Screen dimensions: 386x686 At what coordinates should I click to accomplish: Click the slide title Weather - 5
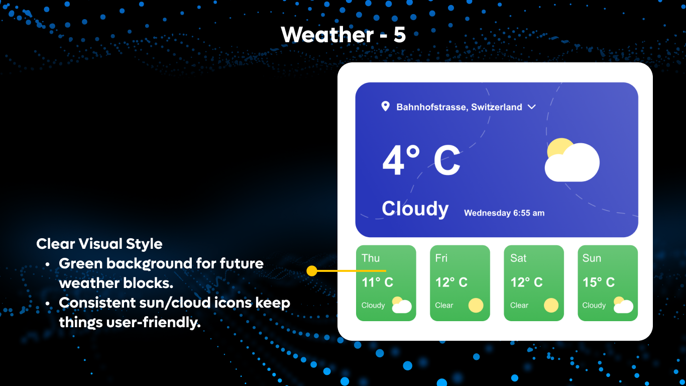343,35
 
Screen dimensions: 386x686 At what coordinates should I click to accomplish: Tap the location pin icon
385,106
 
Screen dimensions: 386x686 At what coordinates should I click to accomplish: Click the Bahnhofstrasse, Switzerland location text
459,107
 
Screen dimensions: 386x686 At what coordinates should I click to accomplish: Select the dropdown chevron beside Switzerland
532,107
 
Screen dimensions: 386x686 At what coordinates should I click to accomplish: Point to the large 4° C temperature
421,160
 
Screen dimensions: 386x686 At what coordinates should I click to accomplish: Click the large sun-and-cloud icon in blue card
572,160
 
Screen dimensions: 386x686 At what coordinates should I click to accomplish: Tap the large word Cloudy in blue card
415,209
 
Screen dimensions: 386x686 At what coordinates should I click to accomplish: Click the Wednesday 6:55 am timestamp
504,213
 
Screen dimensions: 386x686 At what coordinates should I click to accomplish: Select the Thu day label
371,258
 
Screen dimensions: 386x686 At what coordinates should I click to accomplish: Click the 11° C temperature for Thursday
377,282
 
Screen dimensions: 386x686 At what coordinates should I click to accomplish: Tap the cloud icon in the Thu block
401,305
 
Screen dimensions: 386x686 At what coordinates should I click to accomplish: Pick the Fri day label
441,258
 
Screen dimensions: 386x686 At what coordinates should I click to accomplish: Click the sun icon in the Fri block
476,305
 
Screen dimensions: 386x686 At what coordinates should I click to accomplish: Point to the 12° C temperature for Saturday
526,282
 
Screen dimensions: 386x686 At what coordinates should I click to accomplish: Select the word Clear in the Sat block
519,306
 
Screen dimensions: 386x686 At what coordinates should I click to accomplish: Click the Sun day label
591,258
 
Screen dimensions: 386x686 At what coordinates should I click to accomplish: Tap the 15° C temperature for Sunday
598,282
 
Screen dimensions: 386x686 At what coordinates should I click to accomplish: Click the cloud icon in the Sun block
623,305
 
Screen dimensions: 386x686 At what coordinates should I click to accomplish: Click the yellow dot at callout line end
312,271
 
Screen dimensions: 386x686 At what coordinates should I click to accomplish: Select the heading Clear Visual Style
99,244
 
